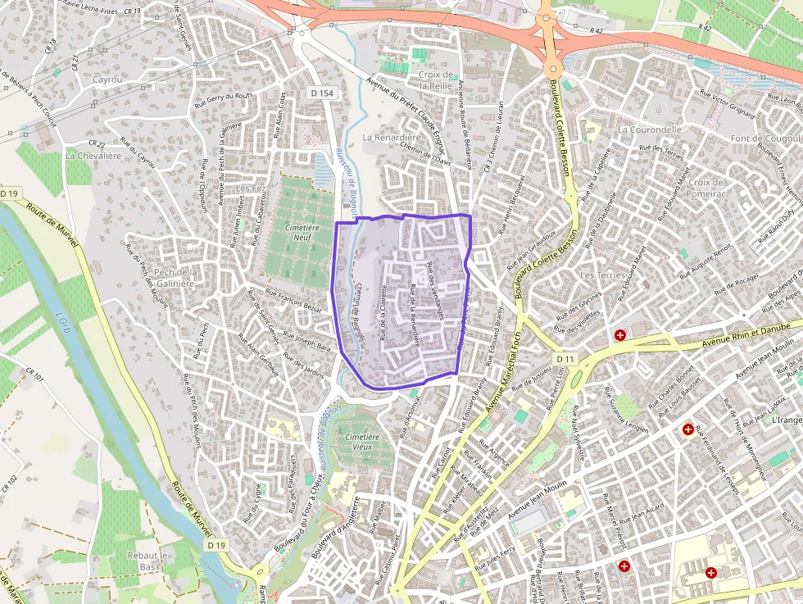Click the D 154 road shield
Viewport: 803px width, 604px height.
323,93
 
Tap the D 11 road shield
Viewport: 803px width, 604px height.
565,359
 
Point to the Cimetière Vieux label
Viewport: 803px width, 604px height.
362,443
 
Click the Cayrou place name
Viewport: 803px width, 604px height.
107,80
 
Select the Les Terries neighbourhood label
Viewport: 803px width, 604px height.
602,275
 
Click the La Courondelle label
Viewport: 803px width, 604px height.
650,129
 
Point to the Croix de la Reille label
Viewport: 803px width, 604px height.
436,79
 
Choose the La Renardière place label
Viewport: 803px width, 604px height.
391,138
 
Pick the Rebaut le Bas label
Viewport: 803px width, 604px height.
148,561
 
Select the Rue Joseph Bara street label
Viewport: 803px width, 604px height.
306,341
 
